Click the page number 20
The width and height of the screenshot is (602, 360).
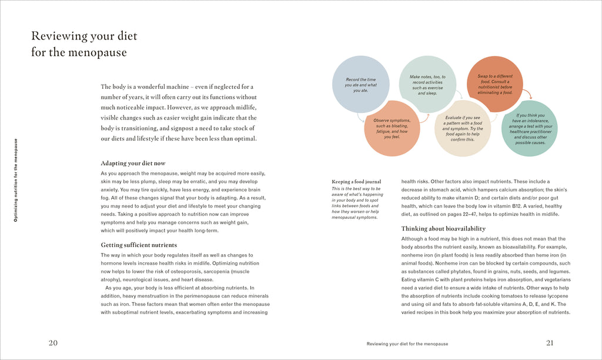coord(53,343)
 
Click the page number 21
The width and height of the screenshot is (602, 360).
coord(550,343)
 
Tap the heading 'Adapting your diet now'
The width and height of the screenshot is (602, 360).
coord(133,163)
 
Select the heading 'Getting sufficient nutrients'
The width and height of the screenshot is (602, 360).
coord(139,245)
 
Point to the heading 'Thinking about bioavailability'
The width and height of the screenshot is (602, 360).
coord(443,228)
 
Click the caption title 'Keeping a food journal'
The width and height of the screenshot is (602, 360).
coord(357,182)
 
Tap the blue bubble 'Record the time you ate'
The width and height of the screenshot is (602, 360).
coord(360,85)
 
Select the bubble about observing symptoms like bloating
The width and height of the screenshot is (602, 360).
coord(392,128)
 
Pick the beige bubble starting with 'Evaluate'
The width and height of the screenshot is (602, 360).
coord(463,128)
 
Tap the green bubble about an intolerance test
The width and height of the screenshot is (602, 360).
coord(530,128)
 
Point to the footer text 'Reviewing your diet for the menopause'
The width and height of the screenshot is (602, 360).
coord(407,344)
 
